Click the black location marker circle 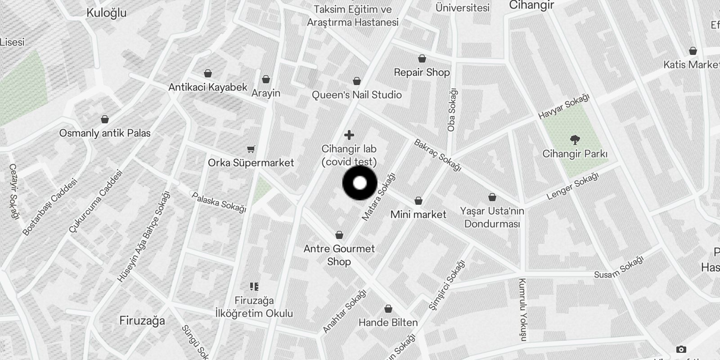pyautogui.click(x=360, y=183)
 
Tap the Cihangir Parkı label pyautogui.click(x=575, y=154)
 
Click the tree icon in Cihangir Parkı pyautogui.click(x=575, y=139)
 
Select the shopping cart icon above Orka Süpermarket pyautogui.click(x=251, y=149)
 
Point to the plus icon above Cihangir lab pyautogui.click(x=349, y=135)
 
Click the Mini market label pyautogui.click(x=418, y=215)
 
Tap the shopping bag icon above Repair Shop pyautogui.click(x=422, y=58)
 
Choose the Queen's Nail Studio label pyautogui.click(x=356, y=95)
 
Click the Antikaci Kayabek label pyautogui.click(x=208, y=87)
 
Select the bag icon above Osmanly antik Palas pyautogui.click(x=105, y=119)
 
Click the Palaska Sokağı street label pyautogui.click(x=219, y=202)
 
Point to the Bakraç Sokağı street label pyautogui.click(x=438, y=155)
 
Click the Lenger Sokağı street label pyautogui.click(x=572, y=187)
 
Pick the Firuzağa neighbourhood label pyautogui.click(x=142, y=321)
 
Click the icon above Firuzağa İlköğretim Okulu pyautogui.click(x=254, y=287)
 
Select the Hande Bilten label pyautogui.click(x=388, y=323)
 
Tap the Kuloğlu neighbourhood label pyautogui.click(x=106, y=13)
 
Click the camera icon pyautogui.click(x=681, y=349)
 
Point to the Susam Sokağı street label pyautogui.click(x=618, y=268)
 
